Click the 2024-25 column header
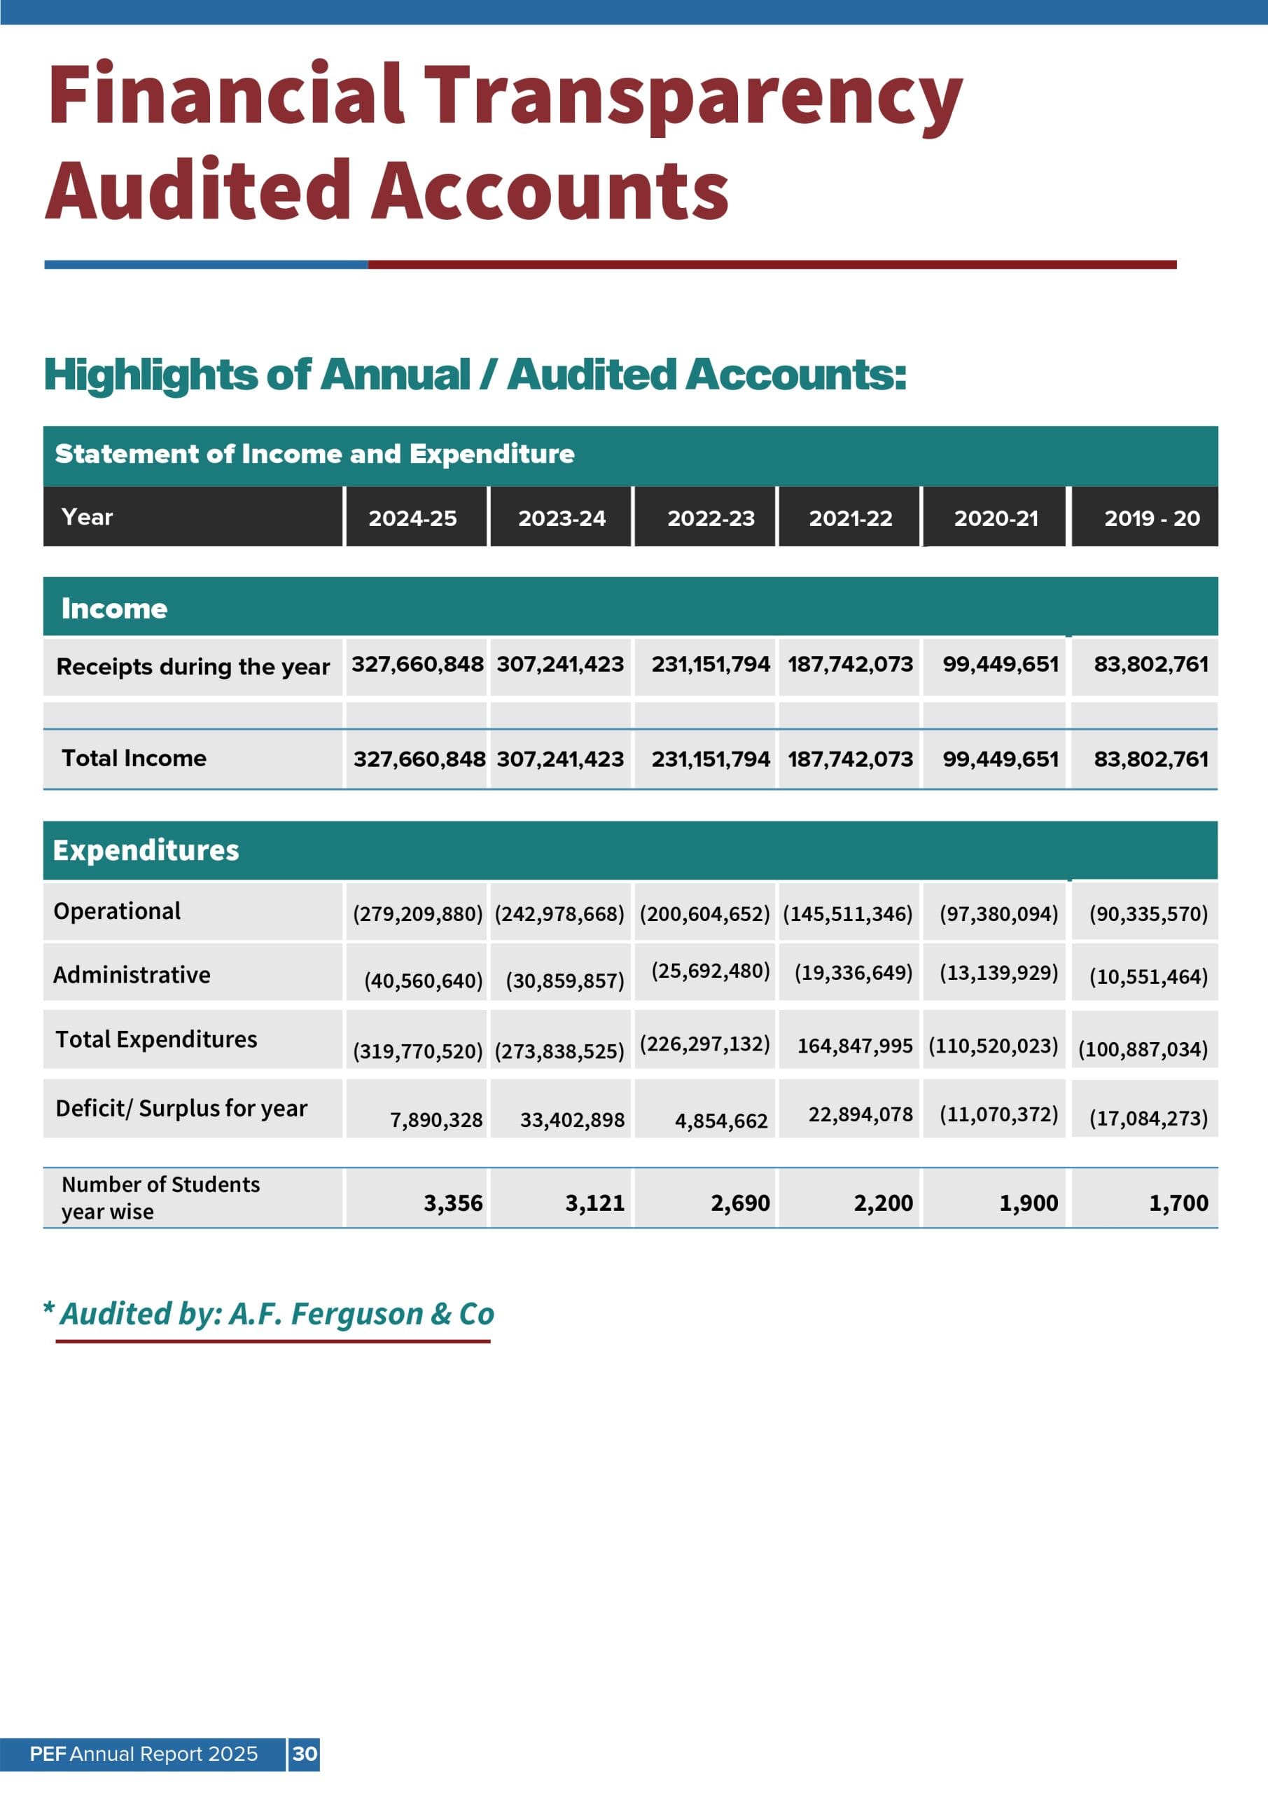412,518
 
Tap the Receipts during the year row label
193,666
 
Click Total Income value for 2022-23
711,759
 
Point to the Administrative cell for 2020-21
998,972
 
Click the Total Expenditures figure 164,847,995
854,1046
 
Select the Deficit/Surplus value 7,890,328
436,1120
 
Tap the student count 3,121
594,1203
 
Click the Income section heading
114,609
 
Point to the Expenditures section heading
146,850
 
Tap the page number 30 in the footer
305,1753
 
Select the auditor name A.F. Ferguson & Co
361,1313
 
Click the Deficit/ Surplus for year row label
181,1108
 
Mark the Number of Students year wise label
160,1197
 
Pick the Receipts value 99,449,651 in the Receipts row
1001,664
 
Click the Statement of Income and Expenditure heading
314,454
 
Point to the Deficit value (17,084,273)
1148,1119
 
